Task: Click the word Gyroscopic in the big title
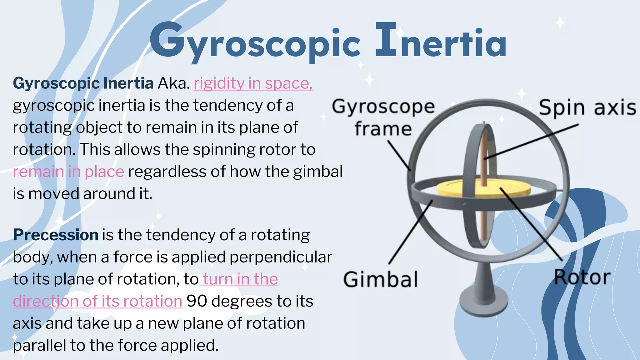click(255, 42)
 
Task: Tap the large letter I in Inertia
click(386, 40)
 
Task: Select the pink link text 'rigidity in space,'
click(253, 83)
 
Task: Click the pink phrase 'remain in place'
click(68, 172)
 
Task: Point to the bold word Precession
click(56, 235)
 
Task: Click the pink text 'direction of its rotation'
click(97, 301)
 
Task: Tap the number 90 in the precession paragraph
click(197, 301)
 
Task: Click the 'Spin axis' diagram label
click(587, 107)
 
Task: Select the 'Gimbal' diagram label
click(380, 279)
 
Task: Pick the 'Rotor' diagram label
click(582, 277)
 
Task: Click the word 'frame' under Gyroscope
click(383, 129)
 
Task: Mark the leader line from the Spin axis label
click(531, 141)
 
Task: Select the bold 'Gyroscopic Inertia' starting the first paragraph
click(83, 83)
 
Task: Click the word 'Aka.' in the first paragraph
click(174, 83)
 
